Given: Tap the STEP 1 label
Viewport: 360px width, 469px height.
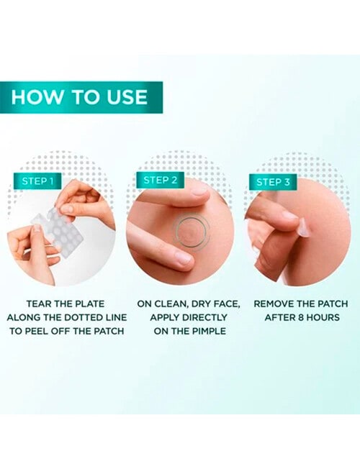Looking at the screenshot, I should [x=38, y=181].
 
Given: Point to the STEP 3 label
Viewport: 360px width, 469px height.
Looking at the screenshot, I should [x=273, y=182].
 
